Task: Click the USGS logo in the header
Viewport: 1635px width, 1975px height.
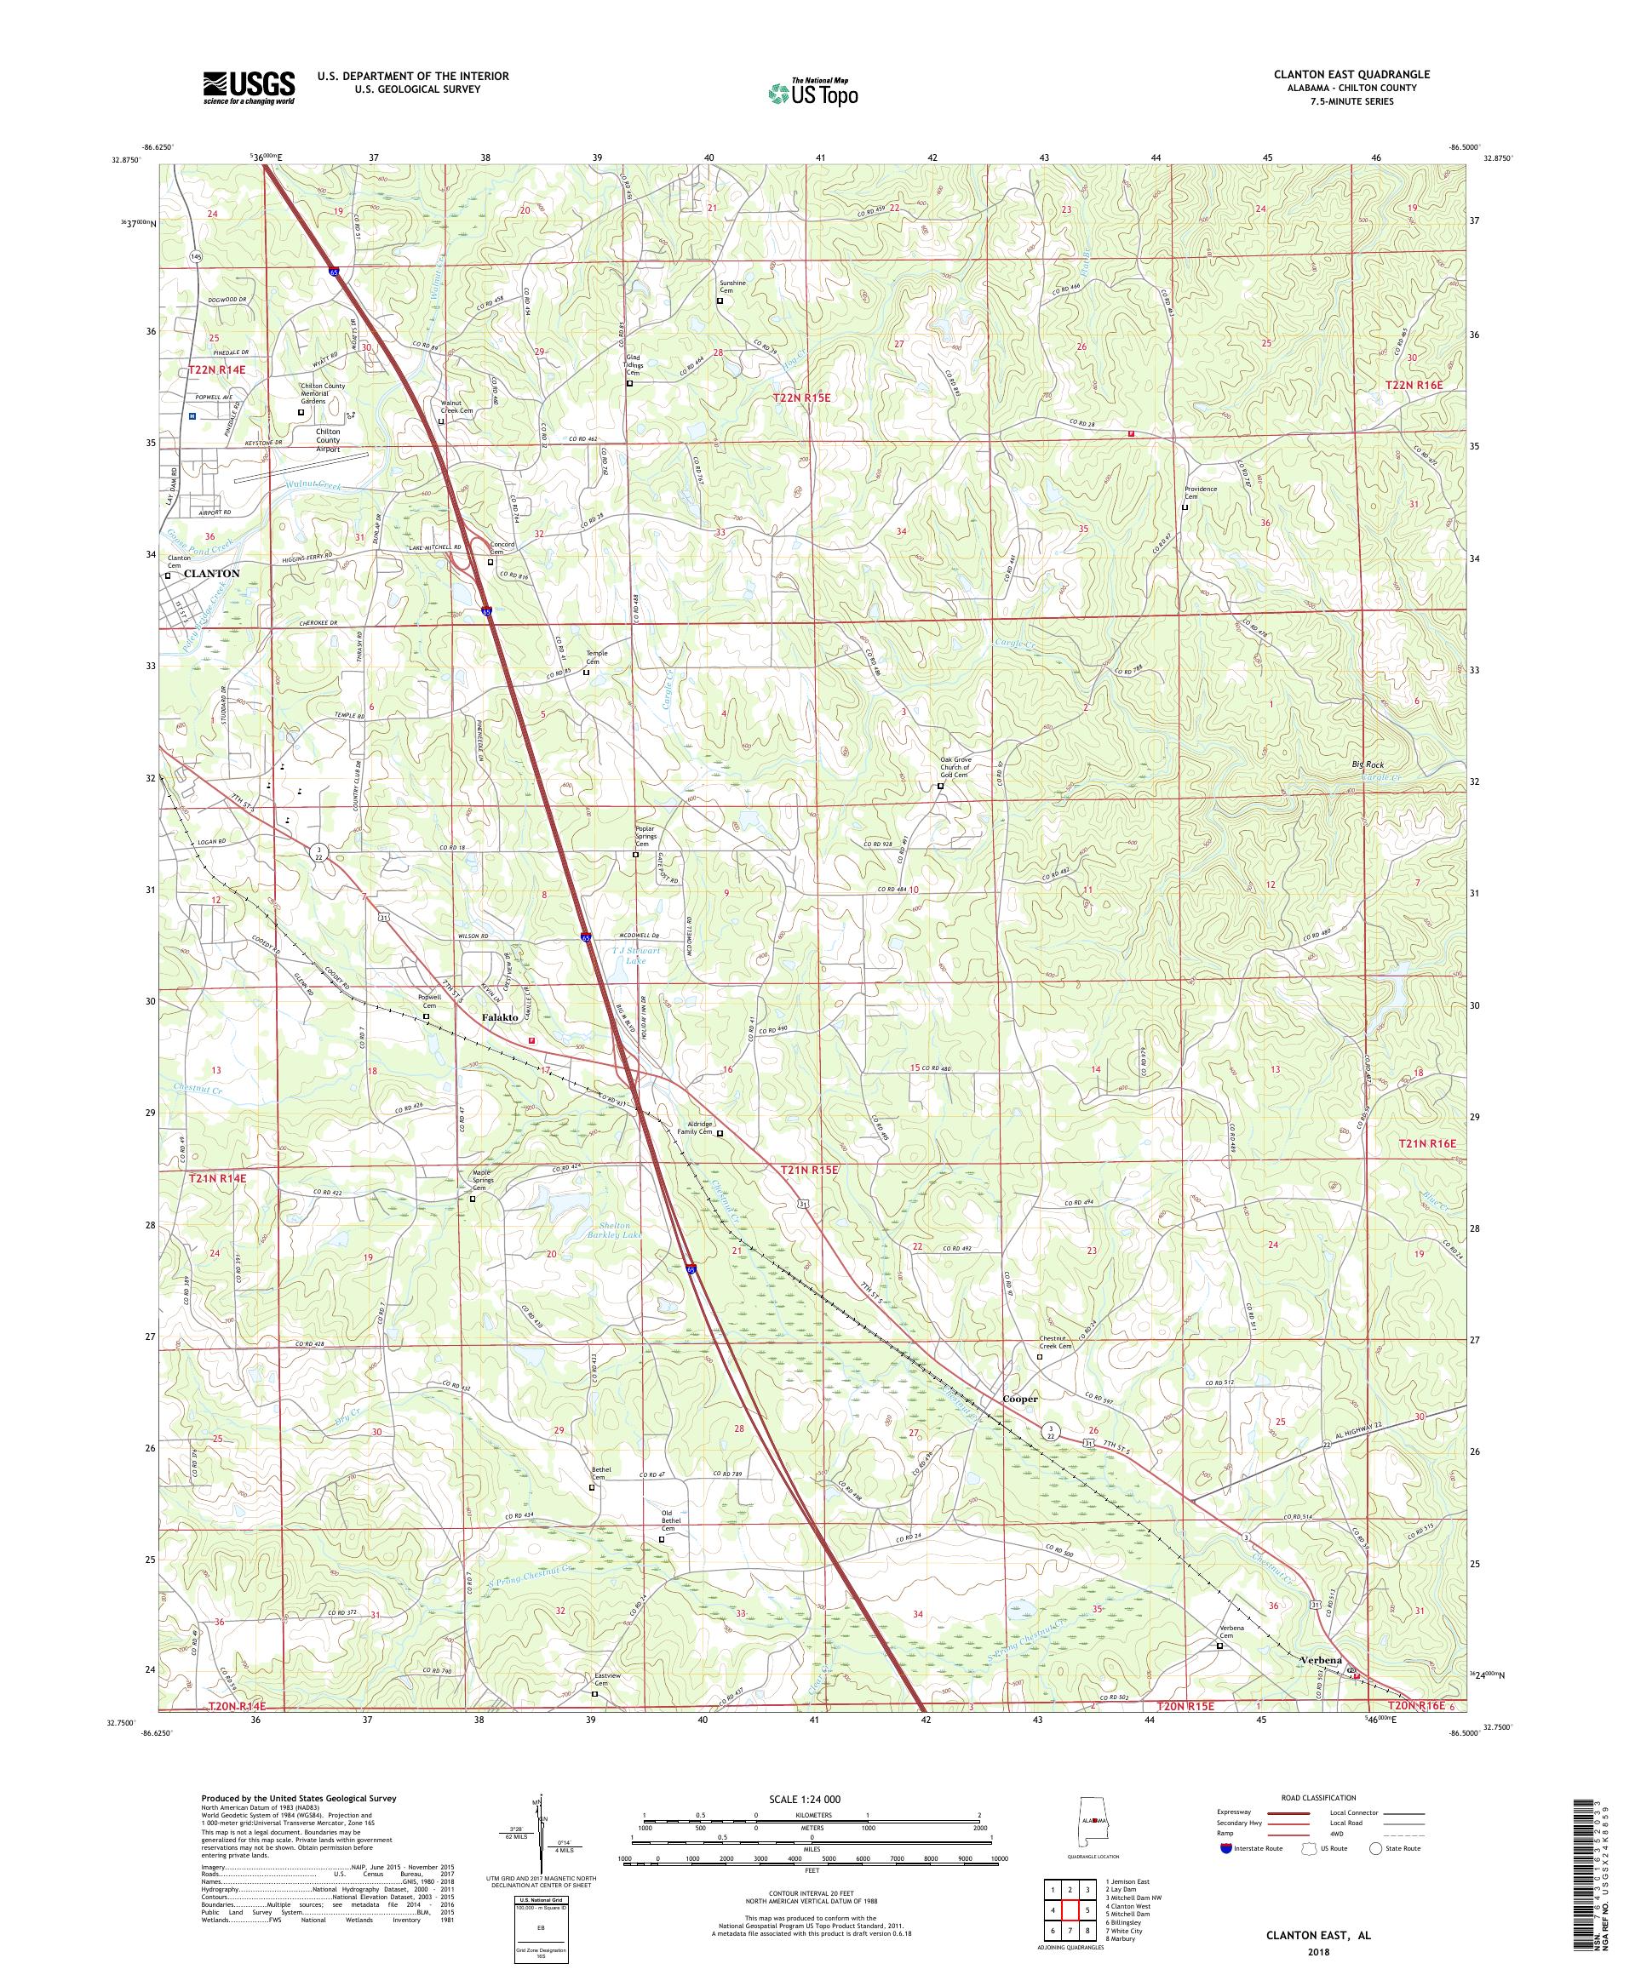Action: point(249,88)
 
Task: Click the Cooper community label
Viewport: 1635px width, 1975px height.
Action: point(1020,1399)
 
